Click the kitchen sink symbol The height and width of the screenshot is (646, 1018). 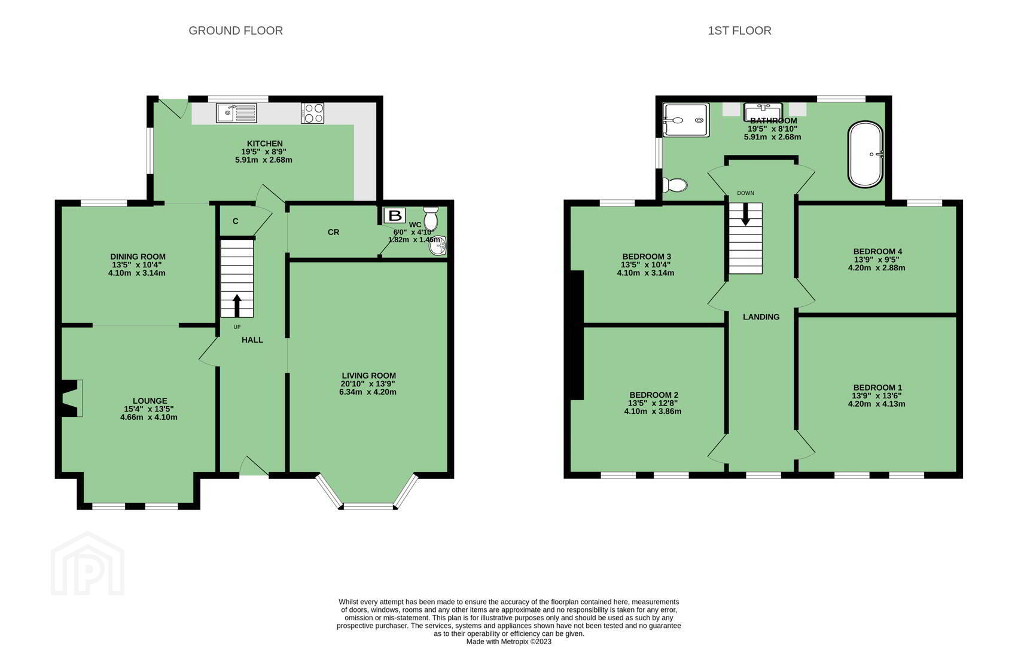(x=236, y=112)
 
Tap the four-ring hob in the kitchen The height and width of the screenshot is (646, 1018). (x=312, y=113)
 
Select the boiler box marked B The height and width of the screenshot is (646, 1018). (x=395, y=215)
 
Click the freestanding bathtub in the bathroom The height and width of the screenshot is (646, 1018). (x=865, y=154)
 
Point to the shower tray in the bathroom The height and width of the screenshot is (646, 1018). (x=686, y=120)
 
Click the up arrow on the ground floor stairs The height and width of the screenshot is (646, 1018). (x=237, y=306)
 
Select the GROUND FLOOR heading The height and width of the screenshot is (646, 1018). (x=236, y=31)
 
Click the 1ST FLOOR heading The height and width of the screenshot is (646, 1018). (x=739, y=31)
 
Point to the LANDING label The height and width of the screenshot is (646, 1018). (x=761, y=317)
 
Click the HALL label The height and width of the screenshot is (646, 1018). (x=252, y=340)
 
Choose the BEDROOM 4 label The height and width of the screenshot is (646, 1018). (x=877, y=251)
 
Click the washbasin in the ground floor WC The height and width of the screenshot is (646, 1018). (x=438, y=246)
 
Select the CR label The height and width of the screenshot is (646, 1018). (x=334, y=232)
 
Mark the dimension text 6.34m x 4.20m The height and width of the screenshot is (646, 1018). (x=368, y=392)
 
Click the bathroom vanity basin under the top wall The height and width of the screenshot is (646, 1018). (x=763, y=112)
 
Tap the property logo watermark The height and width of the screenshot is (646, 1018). (x=88, y=563)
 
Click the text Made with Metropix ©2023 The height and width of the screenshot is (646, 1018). (x=508, y=641)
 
